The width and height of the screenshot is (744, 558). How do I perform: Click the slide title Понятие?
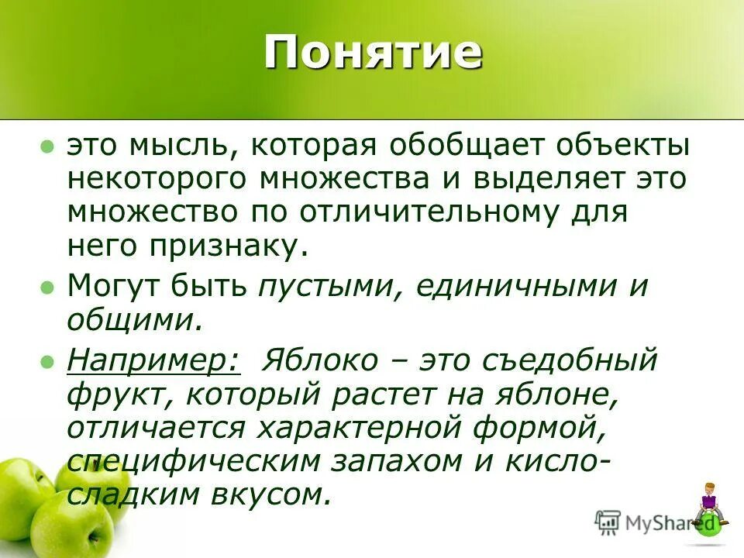tap(372, 53)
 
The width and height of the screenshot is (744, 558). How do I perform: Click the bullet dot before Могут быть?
tap(47, 288)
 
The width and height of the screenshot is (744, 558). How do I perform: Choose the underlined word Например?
tap(154, 360)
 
